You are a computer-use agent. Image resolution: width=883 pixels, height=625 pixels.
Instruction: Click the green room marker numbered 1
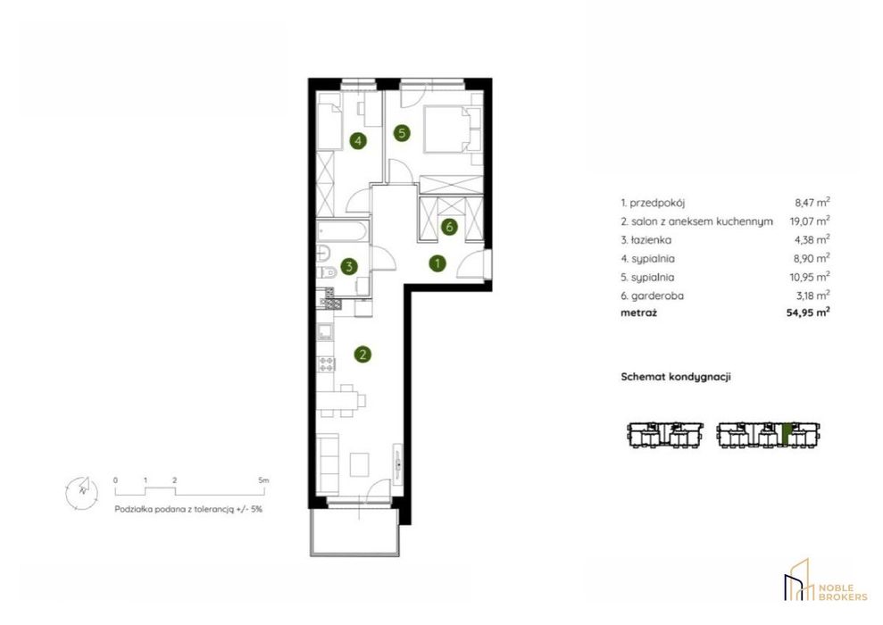tap(437, 263)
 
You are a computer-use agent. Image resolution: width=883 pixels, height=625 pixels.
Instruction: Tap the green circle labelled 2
tap(362, 354)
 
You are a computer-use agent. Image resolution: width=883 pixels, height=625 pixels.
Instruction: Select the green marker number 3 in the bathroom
tap(349, 266)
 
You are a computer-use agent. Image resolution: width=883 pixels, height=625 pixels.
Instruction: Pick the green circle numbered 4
tap(358, 140)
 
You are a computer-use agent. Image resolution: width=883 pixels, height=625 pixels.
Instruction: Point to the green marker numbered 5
tap(402, 133)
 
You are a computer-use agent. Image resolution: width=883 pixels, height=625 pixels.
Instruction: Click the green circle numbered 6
tap(449, 227)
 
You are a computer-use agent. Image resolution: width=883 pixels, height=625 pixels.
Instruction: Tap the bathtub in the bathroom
tap(342, 229)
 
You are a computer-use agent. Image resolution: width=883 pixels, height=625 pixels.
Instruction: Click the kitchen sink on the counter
tap(325, 332)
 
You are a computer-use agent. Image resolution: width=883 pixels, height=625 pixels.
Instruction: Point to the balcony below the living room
tap(354, 532)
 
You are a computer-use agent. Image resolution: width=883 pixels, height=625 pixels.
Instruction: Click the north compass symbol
tap(81, 490)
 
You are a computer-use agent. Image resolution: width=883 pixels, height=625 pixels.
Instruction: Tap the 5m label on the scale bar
tap(263, 480)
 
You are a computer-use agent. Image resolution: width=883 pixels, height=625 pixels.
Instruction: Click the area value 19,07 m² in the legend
tap(810, 221)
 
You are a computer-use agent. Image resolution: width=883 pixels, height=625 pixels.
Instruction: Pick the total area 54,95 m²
tap(808, 312)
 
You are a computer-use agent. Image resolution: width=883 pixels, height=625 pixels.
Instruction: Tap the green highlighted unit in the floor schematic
tap(787, 434)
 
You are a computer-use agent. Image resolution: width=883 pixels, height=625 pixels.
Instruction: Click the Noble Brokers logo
tap(826, 581)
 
